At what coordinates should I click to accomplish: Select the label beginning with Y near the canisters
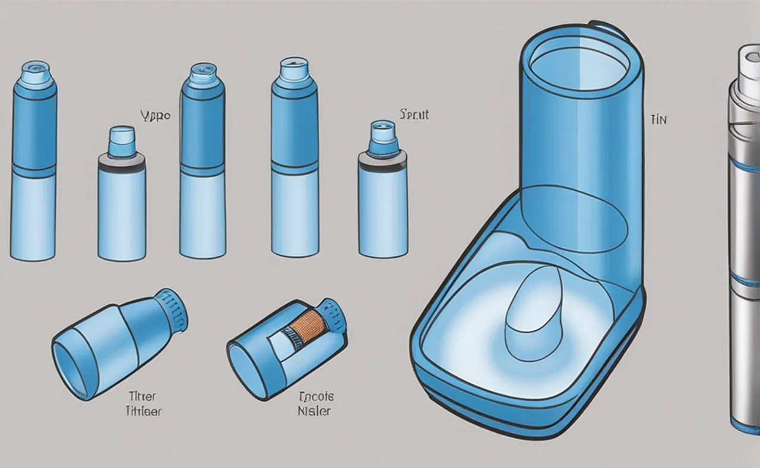[x=156, y=115]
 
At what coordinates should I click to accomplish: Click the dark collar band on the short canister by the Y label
[x=121, y=162]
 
